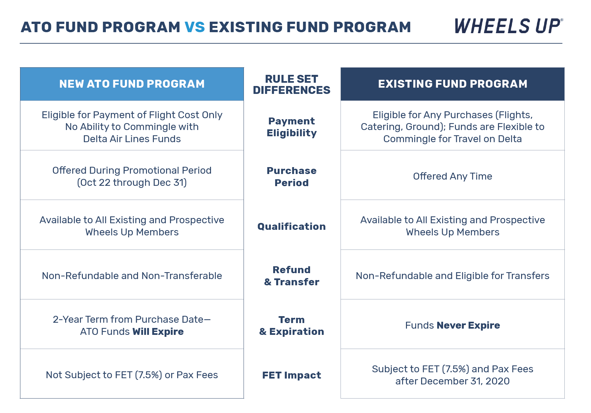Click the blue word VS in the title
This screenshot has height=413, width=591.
click(195, 27)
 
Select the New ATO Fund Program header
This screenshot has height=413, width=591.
click(132, 84)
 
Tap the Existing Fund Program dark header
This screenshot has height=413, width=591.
click(452, 84)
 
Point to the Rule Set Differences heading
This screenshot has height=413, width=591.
click(292, 84)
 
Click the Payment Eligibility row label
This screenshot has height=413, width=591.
click(292, 127)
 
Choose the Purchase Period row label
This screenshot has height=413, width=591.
click(292, 177)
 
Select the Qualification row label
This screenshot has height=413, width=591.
click(292, 227)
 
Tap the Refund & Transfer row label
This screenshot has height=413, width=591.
click(292, 276)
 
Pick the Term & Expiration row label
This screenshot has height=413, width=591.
click(292, 325)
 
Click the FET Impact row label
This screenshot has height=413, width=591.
click(292, 375)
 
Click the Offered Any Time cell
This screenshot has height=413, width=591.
click(452, 176)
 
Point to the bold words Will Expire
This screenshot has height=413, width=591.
click(158, 332)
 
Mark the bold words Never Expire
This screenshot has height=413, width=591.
click(468, 325)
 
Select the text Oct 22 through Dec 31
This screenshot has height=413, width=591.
click(132, 183)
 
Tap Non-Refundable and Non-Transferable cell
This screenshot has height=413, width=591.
click(132, 276)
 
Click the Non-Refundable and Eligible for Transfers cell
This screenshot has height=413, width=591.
click(452, 276)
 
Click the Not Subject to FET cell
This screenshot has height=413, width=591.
click(132, 375)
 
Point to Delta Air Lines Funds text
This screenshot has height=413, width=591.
click(132, 139)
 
